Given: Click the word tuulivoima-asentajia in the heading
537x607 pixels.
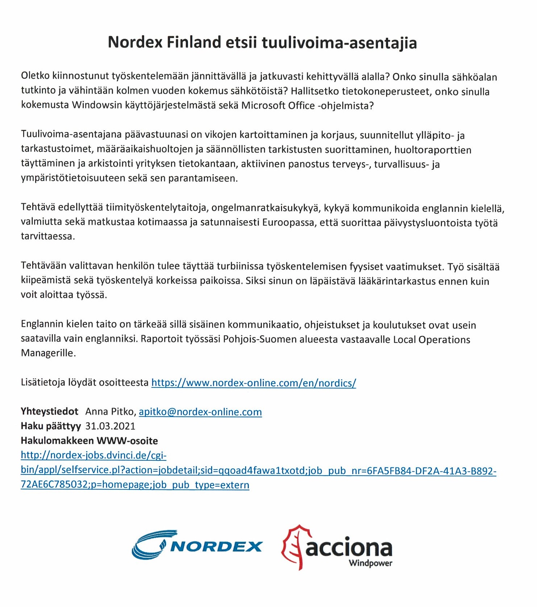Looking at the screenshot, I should (339, 43).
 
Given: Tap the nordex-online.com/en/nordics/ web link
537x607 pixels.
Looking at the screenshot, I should (253, 382).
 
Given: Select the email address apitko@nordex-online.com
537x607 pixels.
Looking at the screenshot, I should (200, 411).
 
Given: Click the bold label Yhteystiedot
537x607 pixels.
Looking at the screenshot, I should (49, 411).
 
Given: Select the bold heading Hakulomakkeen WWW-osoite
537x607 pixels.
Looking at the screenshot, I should (89, 440).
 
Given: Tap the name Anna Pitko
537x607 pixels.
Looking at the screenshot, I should (110, 411).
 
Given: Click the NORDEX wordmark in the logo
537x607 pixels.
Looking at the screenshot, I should (216, 546).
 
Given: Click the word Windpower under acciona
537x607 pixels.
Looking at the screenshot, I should (370, 563).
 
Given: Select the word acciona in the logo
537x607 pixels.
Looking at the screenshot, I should (349, 547).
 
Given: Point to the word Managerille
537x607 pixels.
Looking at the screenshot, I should (48, 353).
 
